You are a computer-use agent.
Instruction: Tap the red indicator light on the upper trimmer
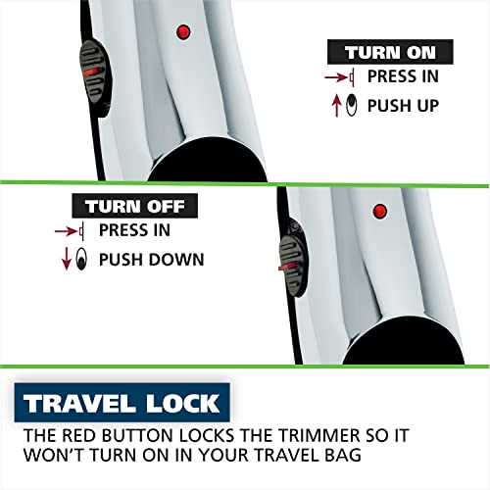[x=180, y=32]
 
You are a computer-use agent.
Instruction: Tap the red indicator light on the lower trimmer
[x=378, y=211]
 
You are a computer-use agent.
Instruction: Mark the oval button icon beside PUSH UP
[x=351, y=103]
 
